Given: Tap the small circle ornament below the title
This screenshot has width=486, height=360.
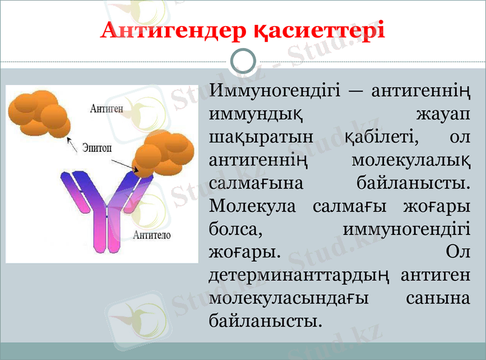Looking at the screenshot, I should tap(244, 61).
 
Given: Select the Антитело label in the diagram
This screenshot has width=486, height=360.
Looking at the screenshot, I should tap(151, 235).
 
